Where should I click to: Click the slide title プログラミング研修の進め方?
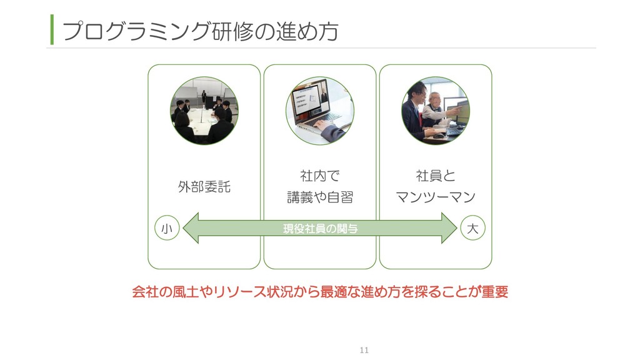point(200,30)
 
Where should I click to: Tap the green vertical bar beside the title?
point(52,30)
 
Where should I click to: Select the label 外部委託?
point(204,186)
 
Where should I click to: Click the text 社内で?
point(319,175)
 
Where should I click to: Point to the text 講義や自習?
point(319,197)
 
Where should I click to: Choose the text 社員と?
point(436,175)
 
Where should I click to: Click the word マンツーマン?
point(436,197)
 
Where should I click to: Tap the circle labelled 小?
point(167,229)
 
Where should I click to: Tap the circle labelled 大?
point(472,229)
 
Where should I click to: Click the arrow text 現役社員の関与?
point(320,229)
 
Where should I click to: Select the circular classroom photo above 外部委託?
point(204,111)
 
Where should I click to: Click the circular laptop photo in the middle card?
point(319,111)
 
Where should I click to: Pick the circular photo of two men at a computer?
point(436,111)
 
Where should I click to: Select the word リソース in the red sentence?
point(240,292)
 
